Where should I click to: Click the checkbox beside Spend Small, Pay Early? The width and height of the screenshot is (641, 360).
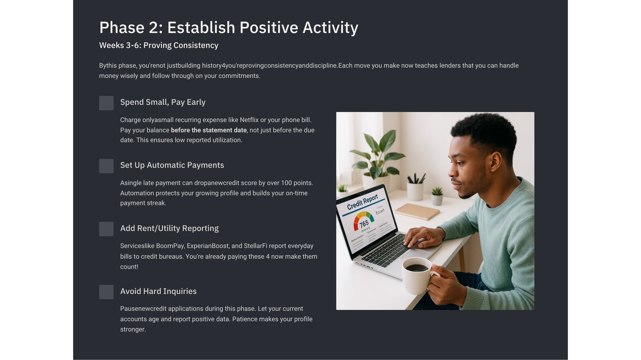(106, 103)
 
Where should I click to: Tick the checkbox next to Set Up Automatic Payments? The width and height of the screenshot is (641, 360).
(106, 166)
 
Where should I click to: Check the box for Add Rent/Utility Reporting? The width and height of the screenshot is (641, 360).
(106, 229)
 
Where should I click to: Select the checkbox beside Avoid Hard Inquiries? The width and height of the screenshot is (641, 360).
(106, 292)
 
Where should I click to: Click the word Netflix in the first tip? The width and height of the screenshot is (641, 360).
(249, 120)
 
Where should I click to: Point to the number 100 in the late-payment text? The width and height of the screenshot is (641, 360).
(286, 183)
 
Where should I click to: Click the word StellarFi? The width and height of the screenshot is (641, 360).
(256, 246)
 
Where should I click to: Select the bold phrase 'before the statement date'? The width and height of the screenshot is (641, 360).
(209, 130)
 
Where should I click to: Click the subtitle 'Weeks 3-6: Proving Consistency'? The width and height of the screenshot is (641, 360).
(159, 45)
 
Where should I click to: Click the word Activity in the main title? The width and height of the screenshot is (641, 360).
(330, 27)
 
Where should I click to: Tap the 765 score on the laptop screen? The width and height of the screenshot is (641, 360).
(364, 224)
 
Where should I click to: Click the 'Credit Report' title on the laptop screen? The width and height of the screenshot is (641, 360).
(362, 202)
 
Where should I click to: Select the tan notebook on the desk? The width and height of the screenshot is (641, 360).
(417, 211)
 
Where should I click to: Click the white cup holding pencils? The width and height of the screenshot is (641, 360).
(415, 191)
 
